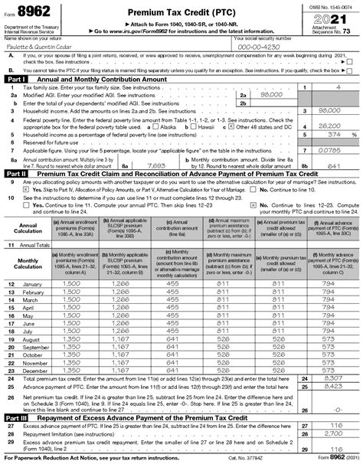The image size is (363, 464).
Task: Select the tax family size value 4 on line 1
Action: [x=338, y=88]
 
